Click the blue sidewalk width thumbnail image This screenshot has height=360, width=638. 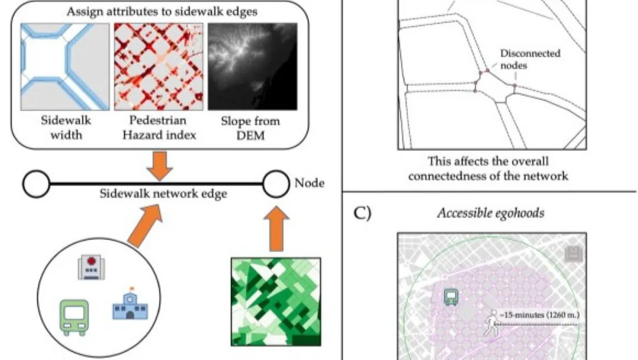point(65,66)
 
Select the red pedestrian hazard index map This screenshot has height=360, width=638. point(158,66)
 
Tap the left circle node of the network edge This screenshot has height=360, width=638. point(37,185)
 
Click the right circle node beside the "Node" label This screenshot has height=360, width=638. point(276,184)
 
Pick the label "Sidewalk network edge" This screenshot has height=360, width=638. point(163,194)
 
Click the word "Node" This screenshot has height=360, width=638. point(309,183)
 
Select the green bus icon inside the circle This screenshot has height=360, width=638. point(74,317)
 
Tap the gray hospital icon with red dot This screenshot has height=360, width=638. point(91,267)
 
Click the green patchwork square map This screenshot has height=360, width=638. point(275,301)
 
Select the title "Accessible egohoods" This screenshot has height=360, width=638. point(490,213)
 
